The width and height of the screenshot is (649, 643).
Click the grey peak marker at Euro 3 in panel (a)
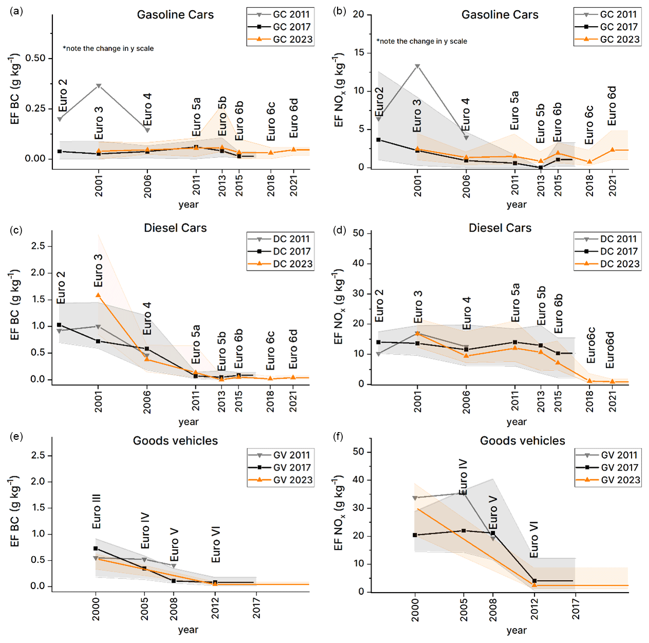coord(99,86)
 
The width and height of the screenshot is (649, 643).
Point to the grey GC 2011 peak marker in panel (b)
coord(417,66)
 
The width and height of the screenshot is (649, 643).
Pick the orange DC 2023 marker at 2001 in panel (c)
coord(98,295)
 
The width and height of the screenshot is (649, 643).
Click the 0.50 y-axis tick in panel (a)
coord(35,58)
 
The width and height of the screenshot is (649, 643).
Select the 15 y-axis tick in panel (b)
coord(358,52)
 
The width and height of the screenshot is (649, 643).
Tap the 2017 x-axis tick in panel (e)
coord(256,606)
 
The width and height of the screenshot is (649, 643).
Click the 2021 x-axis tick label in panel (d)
coord(613,400)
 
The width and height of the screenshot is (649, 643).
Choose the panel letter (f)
coord(338,437)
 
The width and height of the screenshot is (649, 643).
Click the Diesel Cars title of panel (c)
coord(175,228)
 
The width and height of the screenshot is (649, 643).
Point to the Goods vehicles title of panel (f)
coord(522,441)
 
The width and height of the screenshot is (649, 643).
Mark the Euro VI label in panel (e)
coord(216,544)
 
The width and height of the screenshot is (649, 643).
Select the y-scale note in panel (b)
coord(421,41)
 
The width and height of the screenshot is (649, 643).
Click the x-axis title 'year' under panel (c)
coord(188,422)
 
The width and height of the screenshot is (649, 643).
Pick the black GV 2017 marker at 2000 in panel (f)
coord(415,535)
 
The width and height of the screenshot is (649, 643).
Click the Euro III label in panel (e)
coord(97,511)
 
